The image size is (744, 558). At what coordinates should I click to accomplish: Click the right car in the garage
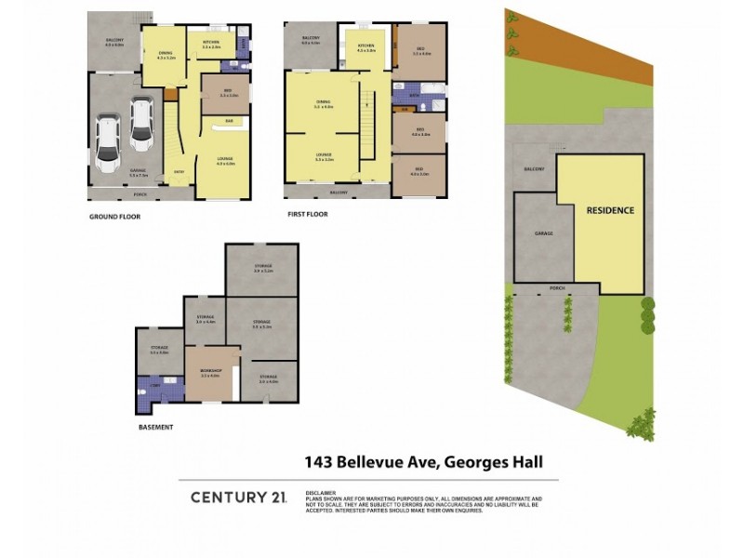click(140, 125)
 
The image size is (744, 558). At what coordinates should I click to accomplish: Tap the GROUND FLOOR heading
click(114, 214)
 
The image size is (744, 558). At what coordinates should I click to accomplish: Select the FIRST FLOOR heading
click(308, 214)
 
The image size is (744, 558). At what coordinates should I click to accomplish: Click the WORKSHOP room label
click(209, 371)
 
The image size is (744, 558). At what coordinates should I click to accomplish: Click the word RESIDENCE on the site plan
click(610, 210)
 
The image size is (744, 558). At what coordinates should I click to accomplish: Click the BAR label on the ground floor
click(229, 121)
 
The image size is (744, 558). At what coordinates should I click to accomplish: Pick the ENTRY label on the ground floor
click(179, 171)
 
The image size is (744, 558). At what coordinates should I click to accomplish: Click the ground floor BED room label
click(229, 91)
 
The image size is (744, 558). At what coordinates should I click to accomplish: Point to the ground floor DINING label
click(166, 53)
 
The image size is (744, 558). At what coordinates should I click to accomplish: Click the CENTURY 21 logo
click(238, 498)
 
